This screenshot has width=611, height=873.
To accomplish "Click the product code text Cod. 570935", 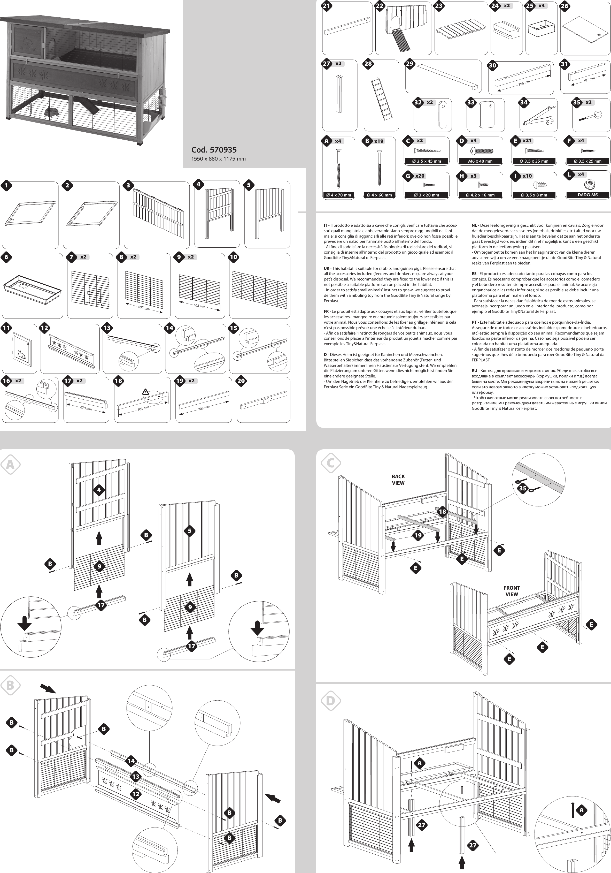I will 214,150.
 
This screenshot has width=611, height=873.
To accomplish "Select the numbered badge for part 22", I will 380,6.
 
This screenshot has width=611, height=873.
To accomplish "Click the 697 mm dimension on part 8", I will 144,308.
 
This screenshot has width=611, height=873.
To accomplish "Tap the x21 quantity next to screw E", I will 527,141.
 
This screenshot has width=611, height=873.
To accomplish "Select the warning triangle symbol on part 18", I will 145,391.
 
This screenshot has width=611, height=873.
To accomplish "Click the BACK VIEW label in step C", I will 398,480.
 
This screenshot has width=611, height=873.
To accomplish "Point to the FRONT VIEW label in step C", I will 512,591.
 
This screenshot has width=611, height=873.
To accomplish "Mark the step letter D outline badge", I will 330,700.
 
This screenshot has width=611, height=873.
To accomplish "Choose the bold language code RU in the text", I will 475,370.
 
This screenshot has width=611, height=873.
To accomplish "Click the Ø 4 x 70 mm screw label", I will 338,195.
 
